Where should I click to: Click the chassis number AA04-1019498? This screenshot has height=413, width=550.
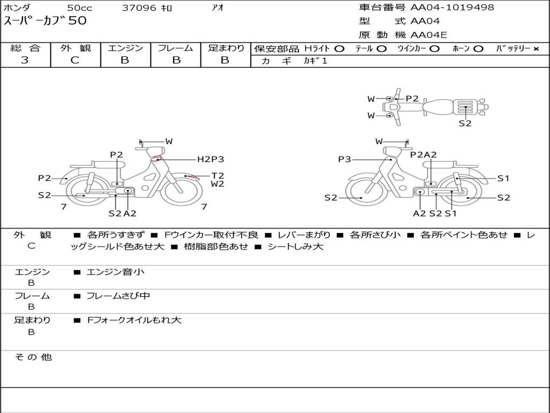coord(452,7)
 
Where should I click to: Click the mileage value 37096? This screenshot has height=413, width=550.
coord(139,8)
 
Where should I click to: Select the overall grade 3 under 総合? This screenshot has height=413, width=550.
coord(25,60)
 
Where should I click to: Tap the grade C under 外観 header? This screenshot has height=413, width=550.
coord(75,60)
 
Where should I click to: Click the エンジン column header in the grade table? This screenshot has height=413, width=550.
coord(125,48)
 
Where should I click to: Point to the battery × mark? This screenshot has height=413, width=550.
coord(536,49)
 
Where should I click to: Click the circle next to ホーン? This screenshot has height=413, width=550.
coord(478,49)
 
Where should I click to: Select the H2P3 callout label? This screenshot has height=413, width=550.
coord(211,159)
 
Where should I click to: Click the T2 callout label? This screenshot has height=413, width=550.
coord(218,176)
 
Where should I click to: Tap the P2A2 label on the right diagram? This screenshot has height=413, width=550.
coord(423,154)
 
